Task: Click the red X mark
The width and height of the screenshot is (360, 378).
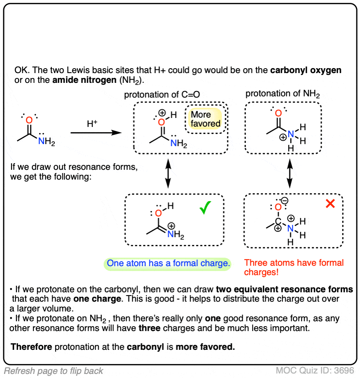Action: tap(330, 204)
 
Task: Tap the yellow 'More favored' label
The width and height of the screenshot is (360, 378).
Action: tap(205, 119)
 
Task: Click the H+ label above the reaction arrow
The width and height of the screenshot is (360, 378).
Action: tap(92, 123)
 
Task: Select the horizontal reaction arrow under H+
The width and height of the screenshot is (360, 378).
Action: tap(96, 133)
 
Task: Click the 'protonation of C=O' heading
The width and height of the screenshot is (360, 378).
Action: tap(162, 95)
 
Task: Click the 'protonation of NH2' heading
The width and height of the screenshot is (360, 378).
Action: tap(282, 94)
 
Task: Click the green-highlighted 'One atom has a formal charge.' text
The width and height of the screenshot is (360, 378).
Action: tap(168, 264)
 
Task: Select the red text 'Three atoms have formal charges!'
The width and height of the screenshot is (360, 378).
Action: tap(294, 267)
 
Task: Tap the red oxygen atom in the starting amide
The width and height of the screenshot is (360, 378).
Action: tap(29, 120)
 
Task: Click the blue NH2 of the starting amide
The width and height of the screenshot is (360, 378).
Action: tap(46, 142)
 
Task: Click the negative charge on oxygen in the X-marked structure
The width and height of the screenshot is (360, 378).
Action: tap(284, 201)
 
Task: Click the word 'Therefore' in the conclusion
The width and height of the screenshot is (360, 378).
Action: tap(31, 347)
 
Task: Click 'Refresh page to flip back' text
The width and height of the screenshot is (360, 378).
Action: tap(53, 371)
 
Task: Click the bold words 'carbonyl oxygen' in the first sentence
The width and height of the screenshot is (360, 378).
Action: tap(306, 70)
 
